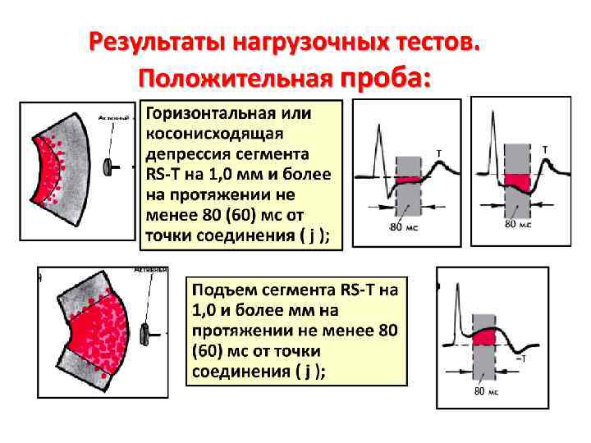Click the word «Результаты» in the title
coord(157,41)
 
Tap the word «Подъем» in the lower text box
coord(222,290)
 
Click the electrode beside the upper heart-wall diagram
coord(108,167)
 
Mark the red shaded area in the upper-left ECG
coord(407,180)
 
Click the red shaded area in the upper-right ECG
coord(516,181)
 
